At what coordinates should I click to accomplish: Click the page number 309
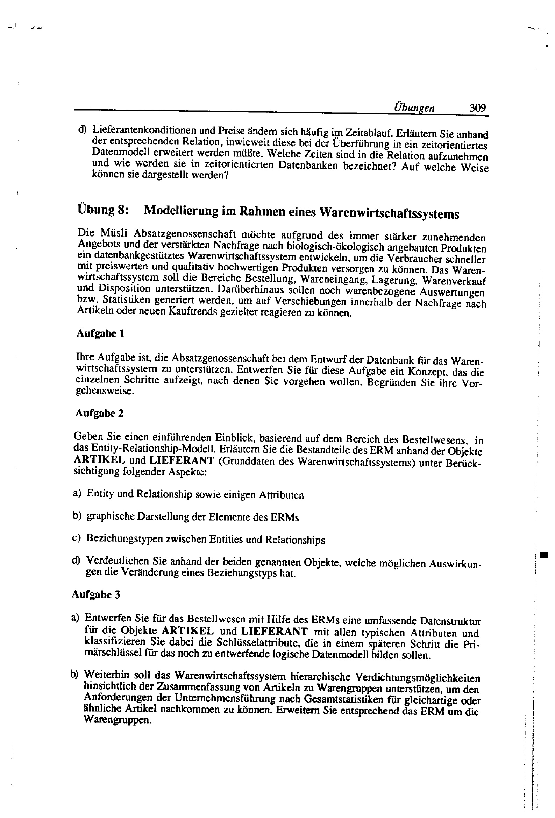point(478,107)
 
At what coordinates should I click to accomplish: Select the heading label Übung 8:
point(102,210)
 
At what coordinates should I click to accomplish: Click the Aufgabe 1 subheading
point(100,333)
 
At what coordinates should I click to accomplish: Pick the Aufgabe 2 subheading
point(100,413)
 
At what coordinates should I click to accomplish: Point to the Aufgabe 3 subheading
point(96,594)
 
